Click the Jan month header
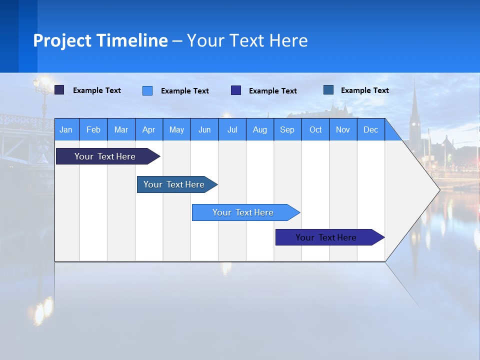66,129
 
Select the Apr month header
149,129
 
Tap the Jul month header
232,129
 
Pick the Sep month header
287,129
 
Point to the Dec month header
371,129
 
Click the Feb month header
93,129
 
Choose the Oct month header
315,129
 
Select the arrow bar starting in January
105,156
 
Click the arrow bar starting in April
174,184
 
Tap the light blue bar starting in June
243,212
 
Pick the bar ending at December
326,237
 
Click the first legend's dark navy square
59,90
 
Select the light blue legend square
147,90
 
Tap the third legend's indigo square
236,90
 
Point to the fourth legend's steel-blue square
328,90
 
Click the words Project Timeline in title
100,40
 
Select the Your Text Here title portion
247,40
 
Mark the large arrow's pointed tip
438,189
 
